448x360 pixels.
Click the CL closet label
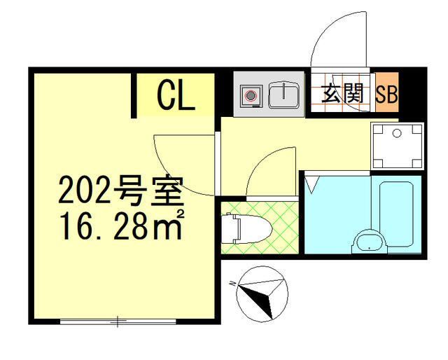[176, 96]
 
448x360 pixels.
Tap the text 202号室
[120, 190]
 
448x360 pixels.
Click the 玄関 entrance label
[342, 95]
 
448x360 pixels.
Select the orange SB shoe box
[387, 95]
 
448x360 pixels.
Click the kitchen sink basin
[284, 95]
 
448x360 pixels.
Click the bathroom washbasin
[369, 242]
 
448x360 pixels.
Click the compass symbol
[261, 293]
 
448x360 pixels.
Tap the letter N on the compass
[232, 283]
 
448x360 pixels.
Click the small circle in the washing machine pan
[396, 132]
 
